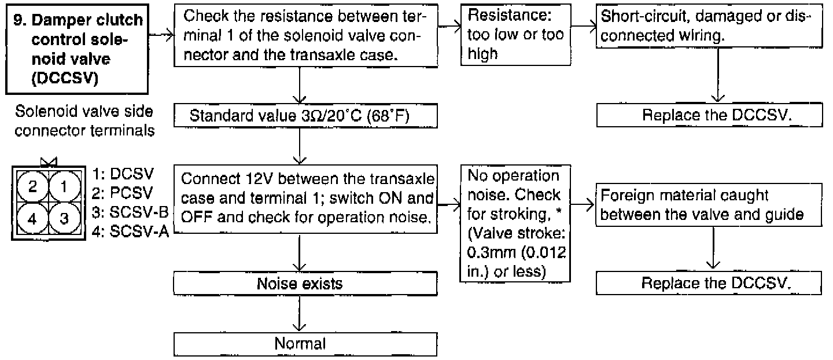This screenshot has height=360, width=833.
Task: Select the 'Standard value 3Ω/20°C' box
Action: pyautogui.click(x=305, y=116)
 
